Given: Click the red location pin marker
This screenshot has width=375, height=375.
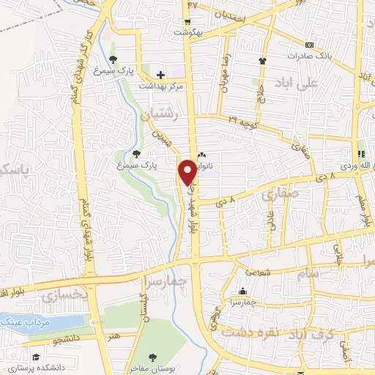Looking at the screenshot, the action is (187, 172).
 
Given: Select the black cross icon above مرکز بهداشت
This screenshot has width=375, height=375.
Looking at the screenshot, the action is (160, 74).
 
